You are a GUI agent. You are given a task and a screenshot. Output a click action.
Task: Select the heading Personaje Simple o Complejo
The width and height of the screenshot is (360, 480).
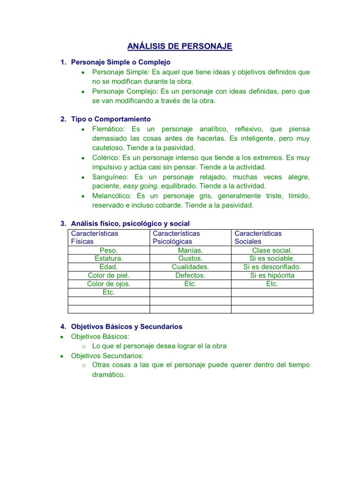pos(120,62)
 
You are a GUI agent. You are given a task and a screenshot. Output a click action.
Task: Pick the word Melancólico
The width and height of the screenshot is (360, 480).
pos(112,195)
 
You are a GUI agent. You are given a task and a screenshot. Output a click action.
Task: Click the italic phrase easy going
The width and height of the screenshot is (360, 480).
pos(140,186)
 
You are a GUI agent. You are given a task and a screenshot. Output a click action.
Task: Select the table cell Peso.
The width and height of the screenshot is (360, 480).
pos(109,250)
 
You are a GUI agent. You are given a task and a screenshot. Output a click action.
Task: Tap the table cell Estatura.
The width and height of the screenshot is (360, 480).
pos(109,258)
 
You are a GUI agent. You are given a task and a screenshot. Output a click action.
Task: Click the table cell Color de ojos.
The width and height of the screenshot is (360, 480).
pos(109,284)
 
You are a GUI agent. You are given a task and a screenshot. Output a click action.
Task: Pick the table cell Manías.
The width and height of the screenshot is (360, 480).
pos(190,250)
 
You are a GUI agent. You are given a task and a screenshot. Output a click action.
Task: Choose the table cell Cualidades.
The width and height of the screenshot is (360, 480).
pos(190,267)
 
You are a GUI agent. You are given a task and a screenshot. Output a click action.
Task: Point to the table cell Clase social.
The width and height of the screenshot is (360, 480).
pos(272,250)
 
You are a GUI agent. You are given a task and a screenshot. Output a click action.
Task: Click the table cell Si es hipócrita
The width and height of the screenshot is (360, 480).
pos(272,275)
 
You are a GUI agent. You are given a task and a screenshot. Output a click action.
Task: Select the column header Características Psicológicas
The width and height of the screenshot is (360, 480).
pos(176,237)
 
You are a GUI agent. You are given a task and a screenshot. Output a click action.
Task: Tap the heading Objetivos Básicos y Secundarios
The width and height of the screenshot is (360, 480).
pos(127,326)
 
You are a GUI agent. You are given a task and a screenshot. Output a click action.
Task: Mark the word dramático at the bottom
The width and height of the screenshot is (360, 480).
pos(109,375)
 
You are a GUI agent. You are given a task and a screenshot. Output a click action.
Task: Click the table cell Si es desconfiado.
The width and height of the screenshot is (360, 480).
pos(272,267)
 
